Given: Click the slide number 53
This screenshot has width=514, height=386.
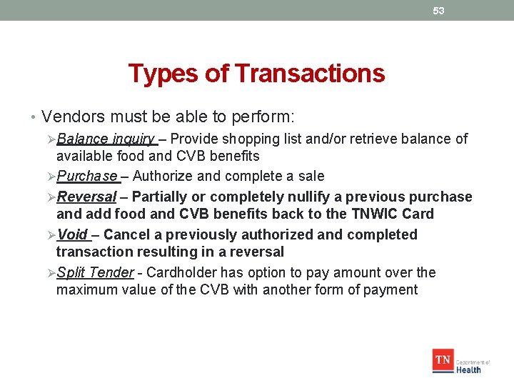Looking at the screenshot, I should (x=438, y=11).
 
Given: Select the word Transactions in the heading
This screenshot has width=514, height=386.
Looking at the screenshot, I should (x=309, y=73).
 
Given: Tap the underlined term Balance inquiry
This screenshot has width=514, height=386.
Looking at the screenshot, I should (x=106, y=139).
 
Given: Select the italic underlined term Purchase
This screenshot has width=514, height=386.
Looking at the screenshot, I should (x=87, y=176).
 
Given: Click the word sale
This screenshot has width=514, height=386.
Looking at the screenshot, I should (x=311, y=176).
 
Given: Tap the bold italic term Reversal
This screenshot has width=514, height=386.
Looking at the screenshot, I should (x=86, y=197).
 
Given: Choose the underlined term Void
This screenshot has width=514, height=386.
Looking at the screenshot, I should (x=72, y=234).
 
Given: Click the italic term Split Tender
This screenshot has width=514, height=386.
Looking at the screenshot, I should (x=95, y=272).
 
